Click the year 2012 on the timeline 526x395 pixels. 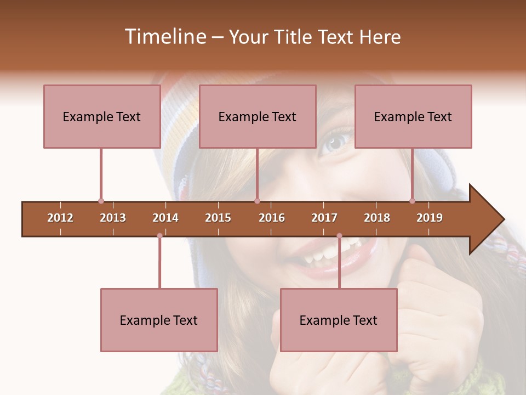[60, 218]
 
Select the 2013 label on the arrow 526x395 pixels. [113, 218]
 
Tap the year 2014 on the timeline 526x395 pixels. [165, 218]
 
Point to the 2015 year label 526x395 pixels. [218, 218]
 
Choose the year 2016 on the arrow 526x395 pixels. [272, 218]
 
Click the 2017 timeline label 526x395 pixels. [324, 218]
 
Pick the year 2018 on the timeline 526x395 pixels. [377, 218]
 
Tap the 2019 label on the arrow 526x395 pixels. [430, 218]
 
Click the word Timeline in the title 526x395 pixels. [164, 37]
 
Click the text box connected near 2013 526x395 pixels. [102, 116]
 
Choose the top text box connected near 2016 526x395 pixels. [258, 116]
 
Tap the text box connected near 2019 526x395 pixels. [413, 116]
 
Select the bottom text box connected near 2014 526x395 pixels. [159, 320]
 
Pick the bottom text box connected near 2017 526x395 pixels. [339, 320]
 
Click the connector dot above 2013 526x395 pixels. [101, 201]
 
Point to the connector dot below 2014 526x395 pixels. [159, 236]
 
